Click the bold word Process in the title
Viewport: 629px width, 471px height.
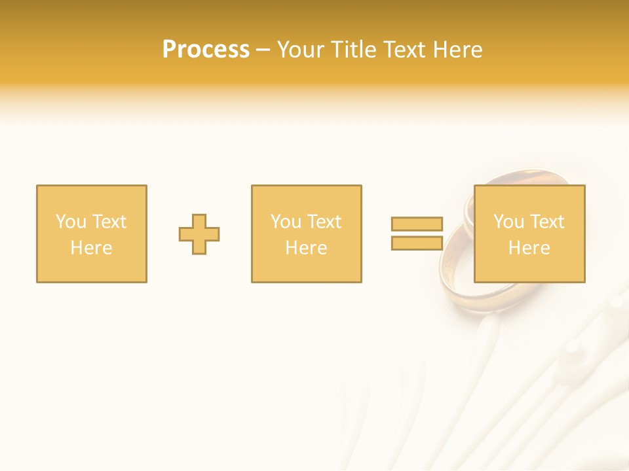(x=206, y=50)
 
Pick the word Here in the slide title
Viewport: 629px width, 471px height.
(x=459, y=50)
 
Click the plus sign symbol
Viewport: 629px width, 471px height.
(x=199, y=234)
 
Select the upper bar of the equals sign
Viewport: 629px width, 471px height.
(x=417, y=224)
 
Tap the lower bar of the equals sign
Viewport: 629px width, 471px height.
(x=417, y=243)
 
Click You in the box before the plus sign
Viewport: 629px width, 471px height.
(x=70, y=222)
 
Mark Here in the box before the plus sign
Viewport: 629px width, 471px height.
(x=91, y=248)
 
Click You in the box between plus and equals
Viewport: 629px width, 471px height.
(x=286, y=222)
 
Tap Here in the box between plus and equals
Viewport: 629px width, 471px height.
(x=306, y=248)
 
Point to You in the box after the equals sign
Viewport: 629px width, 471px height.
(x=508, y=222)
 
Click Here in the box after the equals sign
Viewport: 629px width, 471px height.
(x=529, y=248)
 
